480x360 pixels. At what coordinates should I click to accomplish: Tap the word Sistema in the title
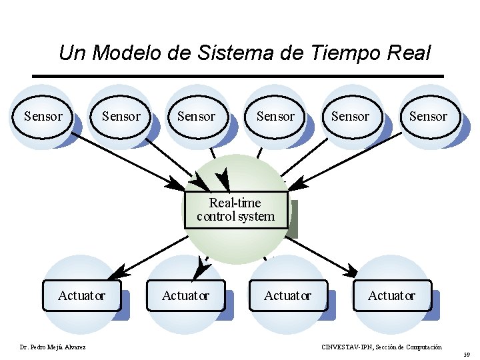[x=233, y=53]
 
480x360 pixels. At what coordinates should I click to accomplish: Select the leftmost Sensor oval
[x=43, y=117]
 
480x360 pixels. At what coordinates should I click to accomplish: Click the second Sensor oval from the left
[x=121, y=117]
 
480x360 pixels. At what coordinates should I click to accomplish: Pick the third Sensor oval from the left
[x=196, y=117]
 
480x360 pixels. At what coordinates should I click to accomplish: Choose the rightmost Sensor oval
[x=428, y=117]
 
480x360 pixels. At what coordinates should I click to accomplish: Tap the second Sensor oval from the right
[x=350, y=117]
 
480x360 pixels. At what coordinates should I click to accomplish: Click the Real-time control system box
[x=235, y=210]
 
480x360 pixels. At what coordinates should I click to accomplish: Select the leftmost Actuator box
[x=81, y=295]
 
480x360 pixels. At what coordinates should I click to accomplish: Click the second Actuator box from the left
[x=185, y=295]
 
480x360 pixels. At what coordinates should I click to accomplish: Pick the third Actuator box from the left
[x=287, y=295]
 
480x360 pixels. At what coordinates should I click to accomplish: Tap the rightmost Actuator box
[x=391, y=295]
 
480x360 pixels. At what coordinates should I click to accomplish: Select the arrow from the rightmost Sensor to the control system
[x=353, y=160]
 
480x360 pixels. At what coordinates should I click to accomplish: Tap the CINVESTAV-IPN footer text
[x=381, y=347]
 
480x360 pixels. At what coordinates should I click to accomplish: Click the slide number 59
[x=467, y=355]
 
